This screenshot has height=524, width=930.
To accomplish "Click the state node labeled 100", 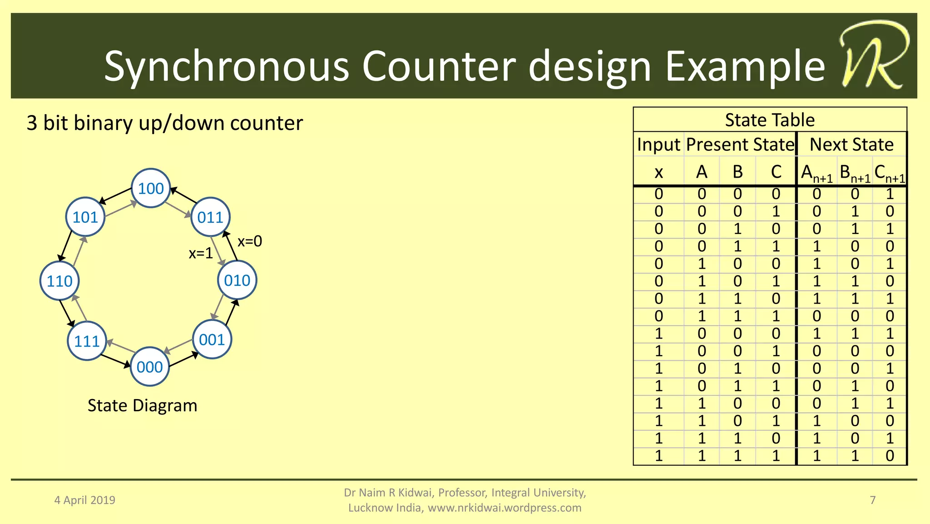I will point(151,188).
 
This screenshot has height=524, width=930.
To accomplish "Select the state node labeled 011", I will point(210,217).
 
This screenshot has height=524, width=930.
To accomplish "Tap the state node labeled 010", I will point(237,280).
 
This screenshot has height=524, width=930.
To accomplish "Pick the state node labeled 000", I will point(149,367).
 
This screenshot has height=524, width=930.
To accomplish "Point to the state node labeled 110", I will point(59,281).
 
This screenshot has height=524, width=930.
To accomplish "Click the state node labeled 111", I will point(86,341).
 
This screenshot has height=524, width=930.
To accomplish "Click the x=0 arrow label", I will point(250,241).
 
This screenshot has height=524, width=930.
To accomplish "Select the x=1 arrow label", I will point(201,253).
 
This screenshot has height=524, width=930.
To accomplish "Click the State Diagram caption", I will point(142,405).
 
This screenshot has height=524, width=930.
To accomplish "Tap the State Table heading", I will point(770,120).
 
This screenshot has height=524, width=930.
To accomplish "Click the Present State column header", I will point(740,145).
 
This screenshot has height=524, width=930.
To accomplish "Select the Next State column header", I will point(851,145).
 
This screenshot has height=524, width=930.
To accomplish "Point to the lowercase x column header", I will point(658,172).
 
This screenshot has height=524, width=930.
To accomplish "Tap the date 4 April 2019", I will point(84,500).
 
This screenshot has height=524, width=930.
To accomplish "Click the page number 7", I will point(872,500).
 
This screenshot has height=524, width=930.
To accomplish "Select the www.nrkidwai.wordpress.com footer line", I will point(465,508).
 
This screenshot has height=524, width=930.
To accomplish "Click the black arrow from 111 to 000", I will point(115,361).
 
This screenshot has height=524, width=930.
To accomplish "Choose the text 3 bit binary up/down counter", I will point(164,123).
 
